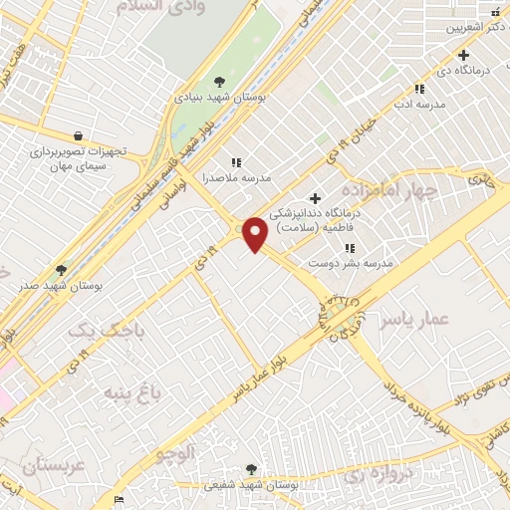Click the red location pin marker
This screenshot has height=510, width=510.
point(255,233)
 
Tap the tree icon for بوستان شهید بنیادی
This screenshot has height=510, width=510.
point(220,83)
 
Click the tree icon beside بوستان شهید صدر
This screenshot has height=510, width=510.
point(62,270)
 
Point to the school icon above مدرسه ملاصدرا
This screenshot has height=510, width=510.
point(236,162)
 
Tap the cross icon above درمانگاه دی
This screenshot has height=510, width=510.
point(463,54)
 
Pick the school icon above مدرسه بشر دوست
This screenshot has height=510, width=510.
point(350,248)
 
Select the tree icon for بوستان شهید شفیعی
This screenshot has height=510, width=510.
point(250,469)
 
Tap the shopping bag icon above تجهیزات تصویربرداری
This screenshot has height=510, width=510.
point(78,136)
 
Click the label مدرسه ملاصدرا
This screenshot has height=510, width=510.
point(231,178)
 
